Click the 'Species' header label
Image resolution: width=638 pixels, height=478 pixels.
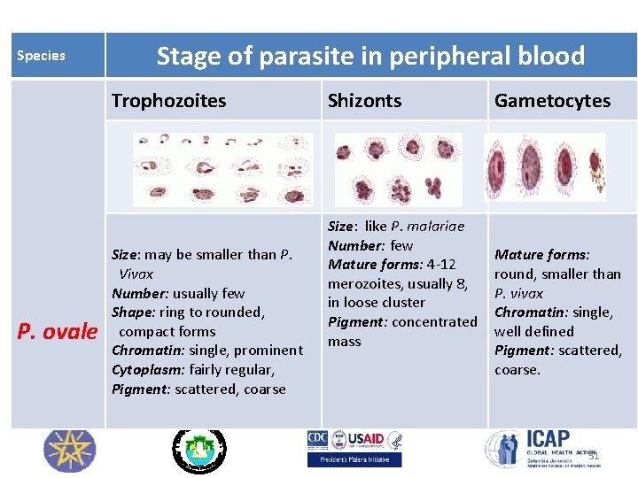[41, 56]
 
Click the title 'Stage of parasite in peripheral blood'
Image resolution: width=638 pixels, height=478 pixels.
[370, 56]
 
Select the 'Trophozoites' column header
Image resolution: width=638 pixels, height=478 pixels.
[168, 101]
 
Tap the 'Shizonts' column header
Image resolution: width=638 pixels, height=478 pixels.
[364, 101]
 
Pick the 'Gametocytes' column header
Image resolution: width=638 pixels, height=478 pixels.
[552, 101]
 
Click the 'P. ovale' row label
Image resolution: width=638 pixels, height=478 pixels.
[58, 331]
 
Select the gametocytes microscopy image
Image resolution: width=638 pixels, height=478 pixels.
[545, 167]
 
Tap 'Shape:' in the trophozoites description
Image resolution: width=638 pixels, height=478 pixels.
[130, 312]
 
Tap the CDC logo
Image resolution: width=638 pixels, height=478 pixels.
[317, 440]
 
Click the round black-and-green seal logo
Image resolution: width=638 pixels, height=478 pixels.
[198, 451]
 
